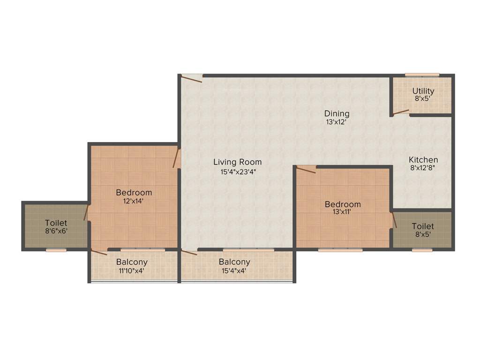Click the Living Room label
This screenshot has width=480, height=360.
tap(238, 162)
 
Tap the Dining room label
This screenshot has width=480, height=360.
tap(337, 113)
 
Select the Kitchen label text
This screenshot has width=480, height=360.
tap(423, 160)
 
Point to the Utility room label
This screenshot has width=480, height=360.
tap(423, 91)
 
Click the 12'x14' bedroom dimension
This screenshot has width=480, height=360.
tap(134, 201)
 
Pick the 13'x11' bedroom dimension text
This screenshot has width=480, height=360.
tap(343, 212)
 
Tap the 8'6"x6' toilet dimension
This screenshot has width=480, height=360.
tap(56, 231)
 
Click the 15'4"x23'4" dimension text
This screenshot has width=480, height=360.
tap(238, 172)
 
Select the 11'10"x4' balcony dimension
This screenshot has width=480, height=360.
tap(132, 270)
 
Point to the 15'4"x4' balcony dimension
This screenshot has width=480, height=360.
tap(234, 270)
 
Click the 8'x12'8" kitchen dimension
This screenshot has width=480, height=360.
tap(423, 168)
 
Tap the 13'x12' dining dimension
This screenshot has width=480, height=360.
tap(337, 122)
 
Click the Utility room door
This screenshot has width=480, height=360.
tap(401, 112)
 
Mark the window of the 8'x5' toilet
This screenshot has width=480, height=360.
tap(422, 250)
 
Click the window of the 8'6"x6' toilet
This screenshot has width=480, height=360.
tap(56, 250)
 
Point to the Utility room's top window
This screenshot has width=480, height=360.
tap(422, 75)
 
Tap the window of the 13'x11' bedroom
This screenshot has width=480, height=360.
tap(340, 250)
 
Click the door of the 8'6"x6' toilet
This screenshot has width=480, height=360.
tap(86, 212)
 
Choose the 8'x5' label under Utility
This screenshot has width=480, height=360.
tap(423, 99)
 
